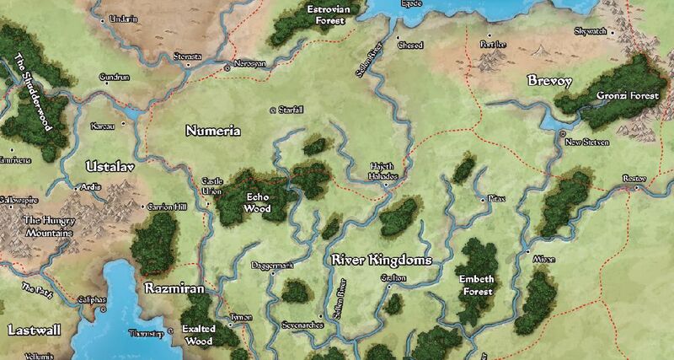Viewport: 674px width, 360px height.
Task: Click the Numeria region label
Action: [212, 132]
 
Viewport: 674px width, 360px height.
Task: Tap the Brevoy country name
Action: [549, 81]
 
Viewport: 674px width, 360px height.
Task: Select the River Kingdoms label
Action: [382, 261]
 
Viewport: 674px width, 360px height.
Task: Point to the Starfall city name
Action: [289, 110]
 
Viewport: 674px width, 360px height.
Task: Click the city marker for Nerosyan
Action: [227, 64]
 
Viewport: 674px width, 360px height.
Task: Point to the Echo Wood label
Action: [256, 201]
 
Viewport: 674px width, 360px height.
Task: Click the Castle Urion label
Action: [211, 186]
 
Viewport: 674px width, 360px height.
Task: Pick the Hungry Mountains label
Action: [43, 225]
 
